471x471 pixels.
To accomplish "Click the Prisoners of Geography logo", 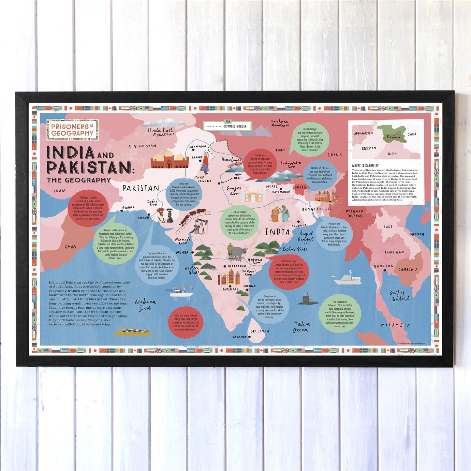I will [x=72, y=130].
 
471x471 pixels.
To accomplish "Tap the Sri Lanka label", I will [x=260, y=331].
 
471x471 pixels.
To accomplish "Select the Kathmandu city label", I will [x=281, y=192].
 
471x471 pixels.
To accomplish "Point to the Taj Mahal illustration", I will [x=254, y=193].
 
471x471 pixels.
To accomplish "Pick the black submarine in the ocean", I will [x=307, y=300].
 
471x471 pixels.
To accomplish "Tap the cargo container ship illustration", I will [x=132, y=331].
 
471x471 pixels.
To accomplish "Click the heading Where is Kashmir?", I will [x=365, y=166].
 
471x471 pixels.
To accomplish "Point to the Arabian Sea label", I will [x=145, y=305].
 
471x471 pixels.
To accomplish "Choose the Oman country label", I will [x=71, y=247].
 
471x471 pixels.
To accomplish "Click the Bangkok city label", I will [x=384, y=266].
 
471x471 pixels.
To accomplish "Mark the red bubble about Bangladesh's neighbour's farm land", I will [x=288, y=272].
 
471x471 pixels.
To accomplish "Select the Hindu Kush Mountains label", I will [x=161, y=132].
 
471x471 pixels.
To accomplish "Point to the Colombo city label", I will [x=240, y=337].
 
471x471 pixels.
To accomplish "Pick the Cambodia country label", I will [x=408, y=270].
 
